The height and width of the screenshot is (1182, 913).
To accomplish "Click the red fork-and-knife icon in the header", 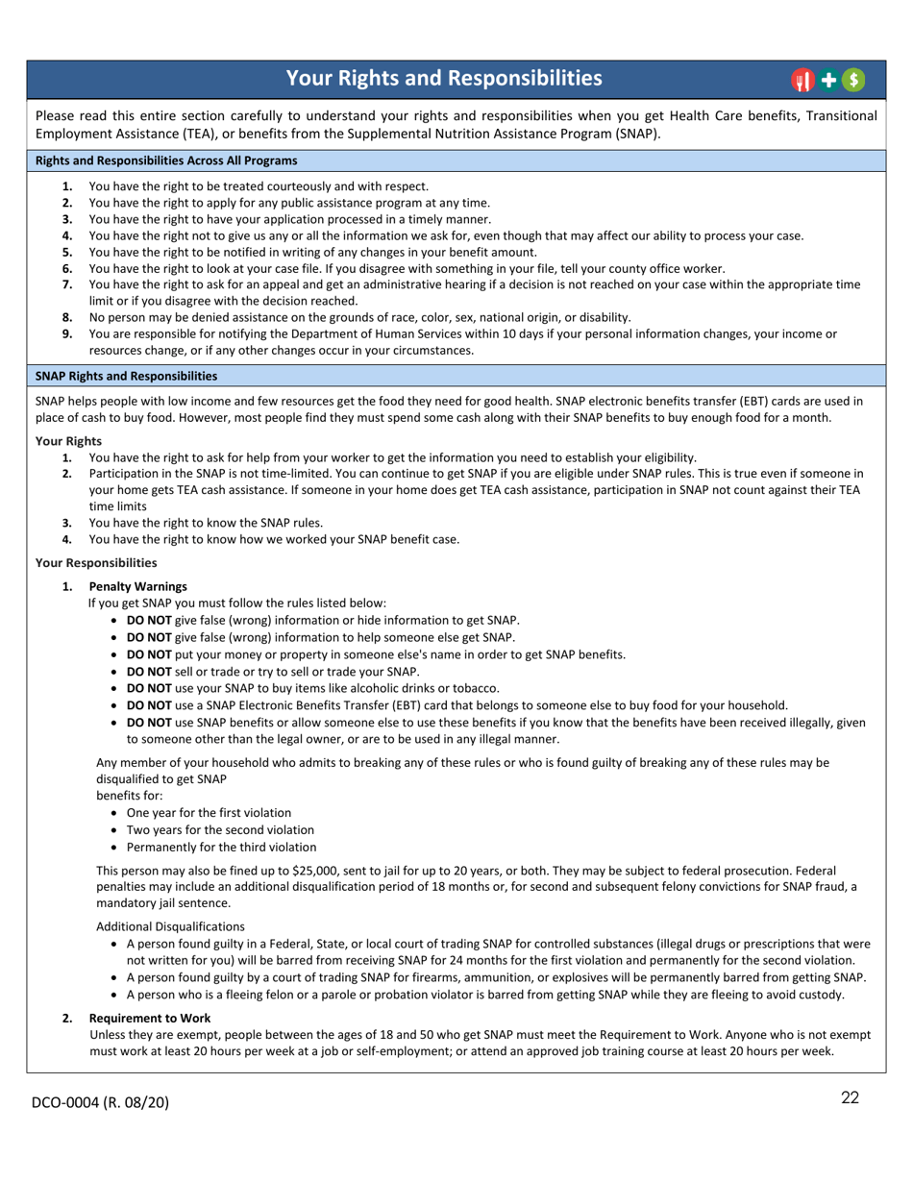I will coord(802,81).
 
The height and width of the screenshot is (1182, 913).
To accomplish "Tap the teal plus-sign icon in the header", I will coord(827,81).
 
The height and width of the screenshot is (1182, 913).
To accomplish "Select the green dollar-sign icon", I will coord(852,81).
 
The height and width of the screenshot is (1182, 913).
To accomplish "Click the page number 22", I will coord(850,1098).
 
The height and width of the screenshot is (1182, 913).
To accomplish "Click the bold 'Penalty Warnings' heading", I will coord(137,586).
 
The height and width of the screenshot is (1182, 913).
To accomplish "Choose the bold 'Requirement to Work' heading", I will coord(150,1018).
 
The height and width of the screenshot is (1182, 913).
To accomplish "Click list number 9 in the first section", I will coord(67,333).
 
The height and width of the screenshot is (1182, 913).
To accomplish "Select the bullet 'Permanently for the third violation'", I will coord(221,847).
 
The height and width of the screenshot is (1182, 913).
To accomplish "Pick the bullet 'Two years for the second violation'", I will coord(220,829).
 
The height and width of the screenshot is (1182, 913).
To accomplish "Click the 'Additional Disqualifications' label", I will coord(170,926).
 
